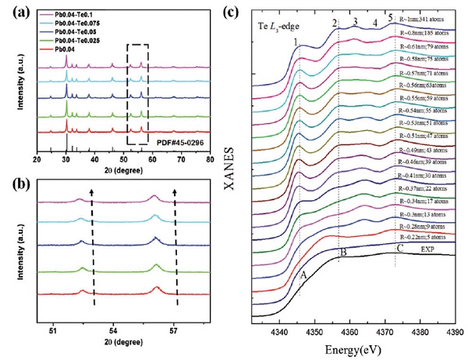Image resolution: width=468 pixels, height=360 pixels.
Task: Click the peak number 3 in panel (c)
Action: (354, 21)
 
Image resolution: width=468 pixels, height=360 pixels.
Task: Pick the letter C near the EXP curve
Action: (400, 249)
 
